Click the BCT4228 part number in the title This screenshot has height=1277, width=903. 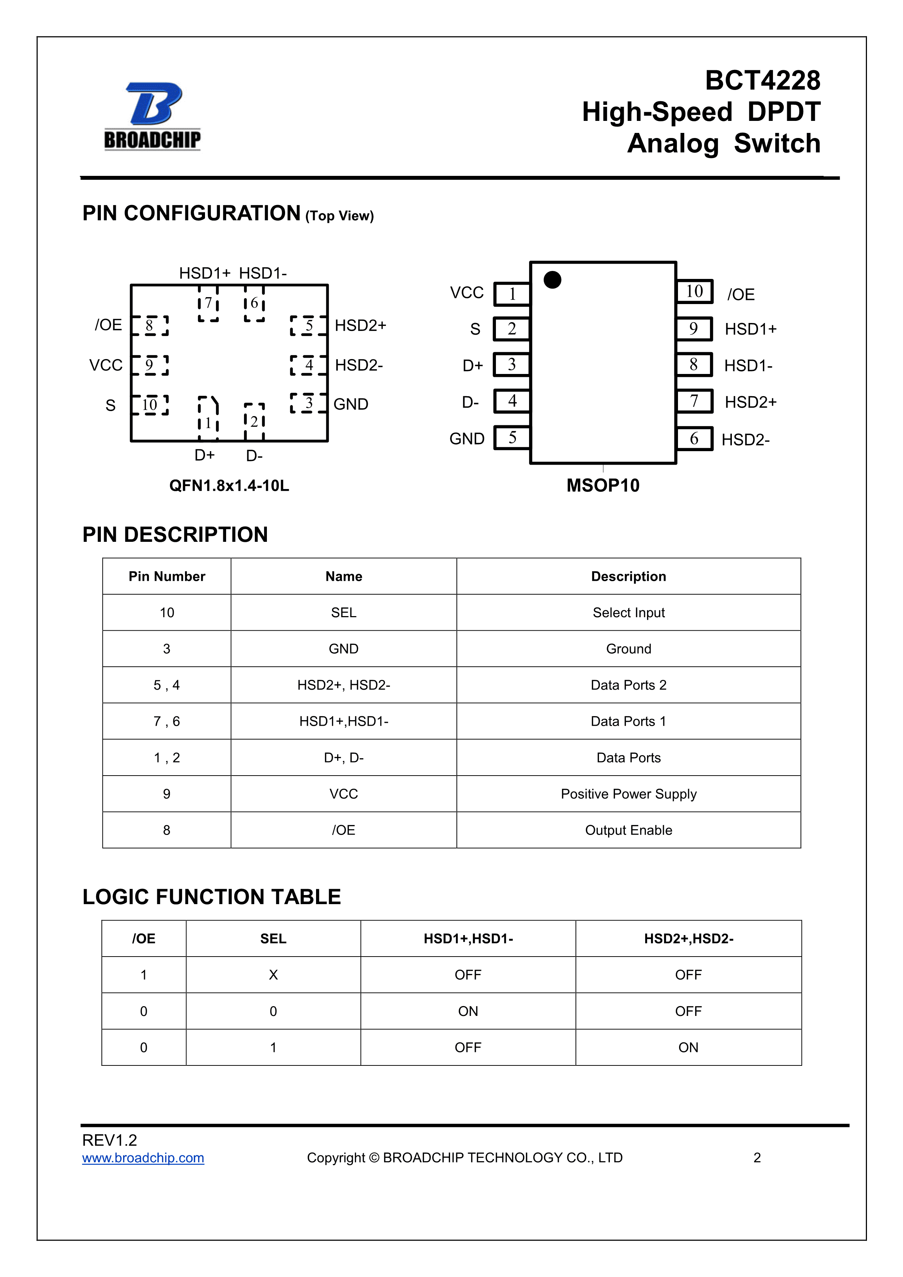762,80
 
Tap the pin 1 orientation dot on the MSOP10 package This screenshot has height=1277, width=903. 552,280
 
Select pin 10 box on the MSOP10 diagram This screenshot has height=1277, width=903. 694,291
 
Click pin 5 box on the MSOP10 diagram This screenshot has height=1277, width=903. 512,438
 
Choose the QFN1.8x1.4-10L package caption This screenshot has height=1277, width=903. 229,485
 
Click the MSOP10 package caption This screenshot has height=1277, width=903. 603,485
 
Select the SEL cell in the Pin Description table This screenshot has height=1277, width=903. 344,612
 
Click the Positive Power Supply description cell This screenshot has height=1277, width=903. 628,794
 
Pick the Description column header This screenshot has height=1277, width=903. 628,576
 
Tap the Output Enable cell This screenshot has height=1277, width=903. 628,830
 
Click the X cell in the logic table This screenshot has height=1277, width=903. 273,974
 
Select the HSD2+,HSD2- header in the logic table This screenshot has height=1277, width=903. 689,938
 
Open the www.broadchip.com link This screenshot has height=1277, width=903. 143,1158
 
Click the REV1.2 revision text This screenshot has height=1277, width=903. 110,1140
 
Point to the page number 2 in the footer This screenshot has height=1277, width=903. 757,1158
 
